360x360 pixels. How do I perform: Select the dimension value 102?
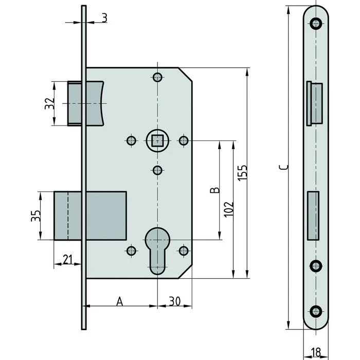[229, 208]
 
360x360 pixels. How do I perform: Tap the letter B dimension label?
[216, 190]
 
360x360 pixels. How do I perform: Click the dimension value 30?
[175, 301]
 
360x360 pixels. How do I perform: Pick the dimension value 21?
[67, 260]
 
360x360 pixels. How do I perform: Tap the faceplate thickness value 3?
[104, 18]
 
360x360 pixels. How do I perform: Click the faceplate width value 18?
[316, 352]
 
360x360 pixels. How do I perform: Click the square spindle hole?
[157, 140]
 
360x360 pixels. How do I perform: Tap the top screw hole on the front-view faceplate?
[315, 22]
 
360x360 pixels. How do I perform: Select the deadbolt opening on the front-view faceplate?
[313, 215]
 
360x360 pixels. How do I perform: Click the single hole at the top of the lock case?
[157, 78]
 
